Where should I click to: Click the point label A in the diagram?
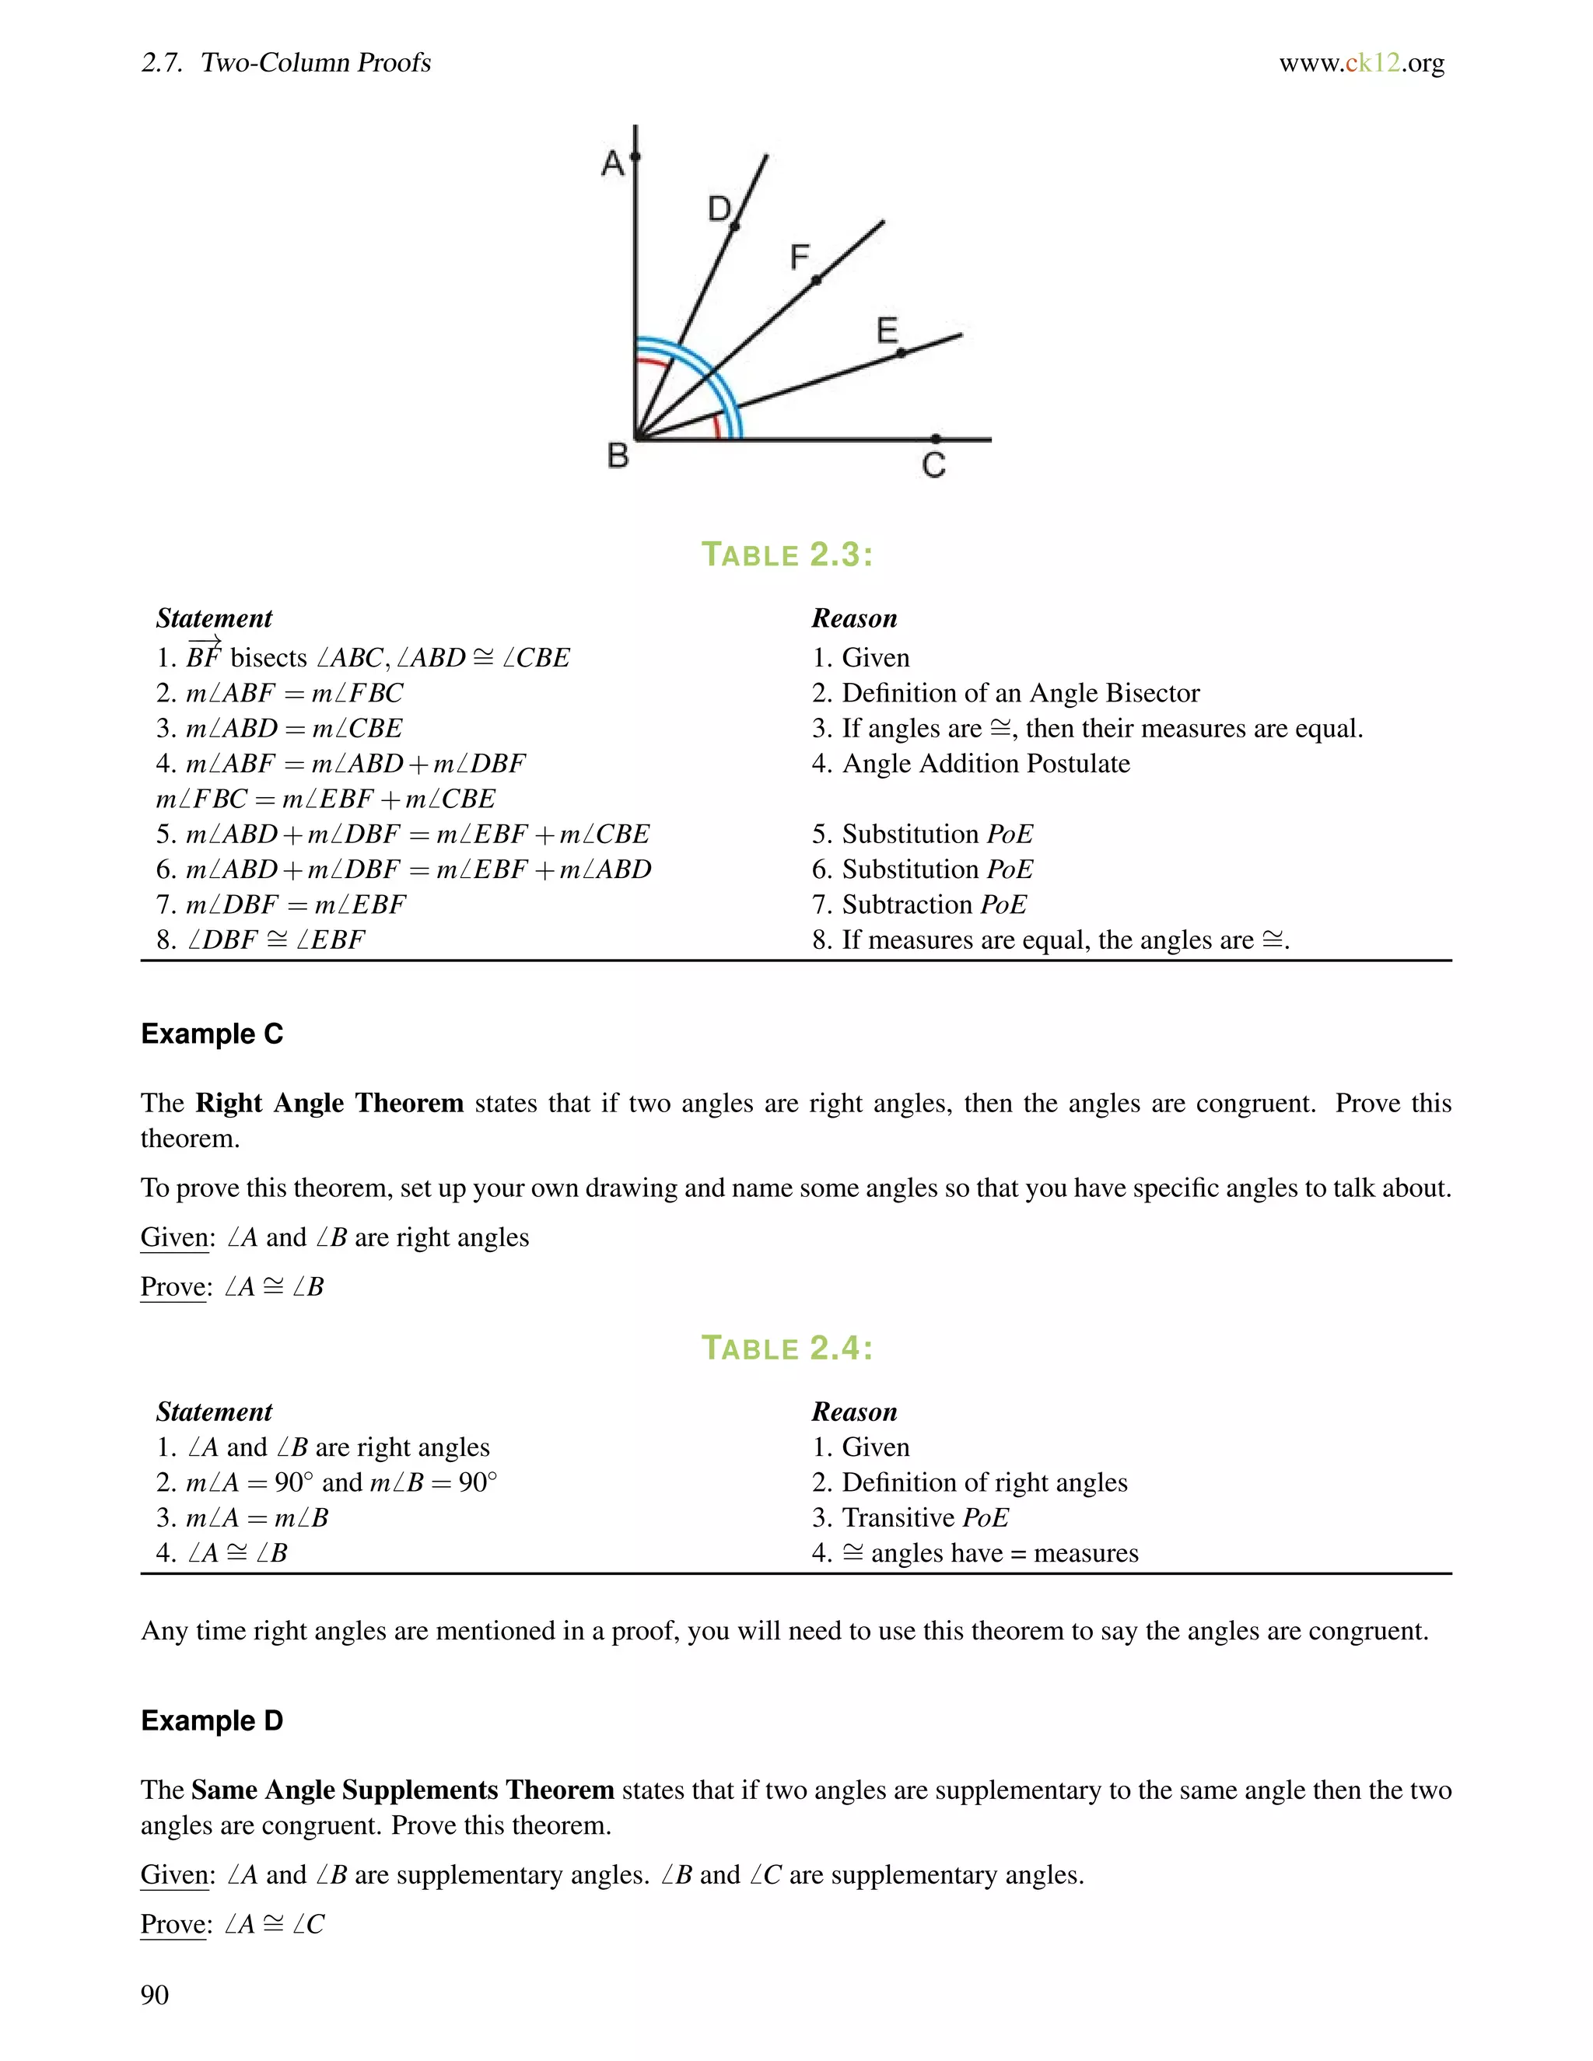coord(612,164)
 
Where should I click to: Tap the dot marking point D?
coord(735,226)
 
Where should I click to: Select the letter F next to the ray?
coord(800,257)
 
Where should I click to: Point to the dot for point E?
coord(900,353)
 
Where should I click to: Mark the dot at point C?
coord(935,439)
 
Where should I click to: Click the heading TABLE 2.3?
coord(787,555)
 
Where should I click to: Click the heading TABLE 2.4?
coord(787,1349)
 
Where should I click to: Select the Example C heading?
coord(212,1034)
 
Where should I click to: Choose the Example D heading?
coord(212,1721)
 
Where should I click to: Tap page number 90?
coord(155,1995)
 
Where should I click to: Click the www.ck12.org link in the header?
coord(1361,63)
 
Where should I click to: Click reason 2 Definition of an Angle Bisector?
coord(1006,694)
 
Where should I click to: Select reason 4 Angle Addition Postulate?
coord(971,764)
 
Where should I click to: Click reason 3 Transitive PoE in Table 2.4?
coord(911,1517)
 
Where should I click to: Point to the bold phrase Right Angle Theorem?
coord(329,1103)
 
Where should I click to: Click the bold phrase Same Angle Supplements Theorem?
coord(403,1790)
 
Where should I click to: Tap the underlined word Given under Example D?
coord(174,1875)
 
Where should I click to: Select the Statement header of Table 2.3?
coord(214,619)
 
